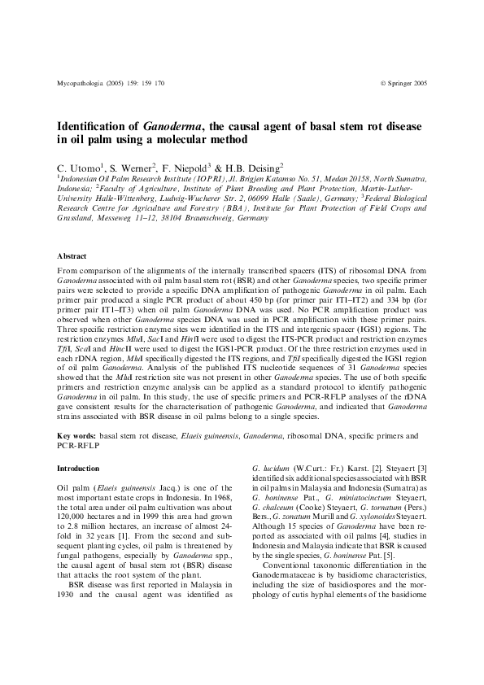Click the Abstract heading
point(72,255)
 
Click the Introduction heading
point(78,469)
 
